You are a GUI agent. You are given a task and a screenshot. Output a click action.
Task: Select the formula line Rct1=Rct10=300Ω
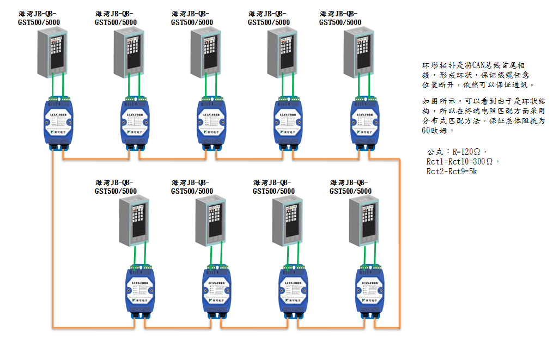[x=463, y=162]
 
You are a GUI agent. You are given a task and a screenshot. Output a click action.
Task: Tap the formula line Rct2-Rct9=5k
[x=453, y=172]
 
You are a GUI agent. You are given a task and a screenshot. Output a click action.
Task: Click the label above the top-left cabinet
[x=39, y=18]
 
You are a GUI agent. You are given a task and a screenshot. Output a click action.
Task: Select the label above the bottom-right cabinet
[x=350, y=186]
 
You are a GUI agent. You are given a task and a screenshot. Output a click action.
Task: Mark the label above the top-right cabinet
[x=340, y=18]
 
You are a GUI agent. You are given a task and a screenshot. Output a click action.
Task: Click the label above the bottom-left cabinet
[x=116, y=186]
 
